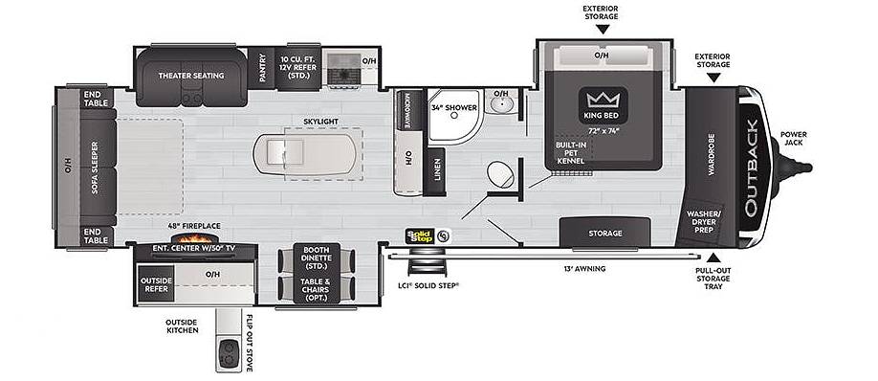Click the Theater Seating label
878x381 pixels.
coord(191,75)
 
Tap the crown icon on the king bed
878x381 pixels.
coord(604,100)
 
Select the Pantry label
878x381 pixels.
coord(261,68)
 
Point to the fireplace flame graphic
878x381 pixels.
coord(194,237)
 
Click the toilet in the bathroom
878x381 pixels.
coord(500,174)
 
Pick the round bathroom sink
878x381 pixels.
coord(503,104)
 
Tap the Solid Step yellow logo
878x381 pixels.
coord(420,235)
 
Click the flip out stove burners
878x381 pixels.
coord(229,353)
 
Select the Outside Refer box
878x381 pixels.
coord(156,284)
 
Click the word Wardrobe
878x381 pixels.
coord(712,155)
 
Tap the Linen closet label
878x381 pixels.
coord(437,170)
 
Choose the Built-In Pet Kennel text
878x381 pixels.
coord(571,152)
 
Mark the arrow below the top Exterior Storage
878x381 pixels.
coord(603,29)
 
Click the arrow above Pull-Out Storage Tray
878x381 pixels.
coord(713,258)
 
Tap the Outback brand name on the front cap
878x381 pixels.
coord(752,168)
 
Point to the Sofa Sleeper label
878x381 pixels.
coord(96,168)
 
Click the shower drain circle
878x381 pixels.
coord(454,115)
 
